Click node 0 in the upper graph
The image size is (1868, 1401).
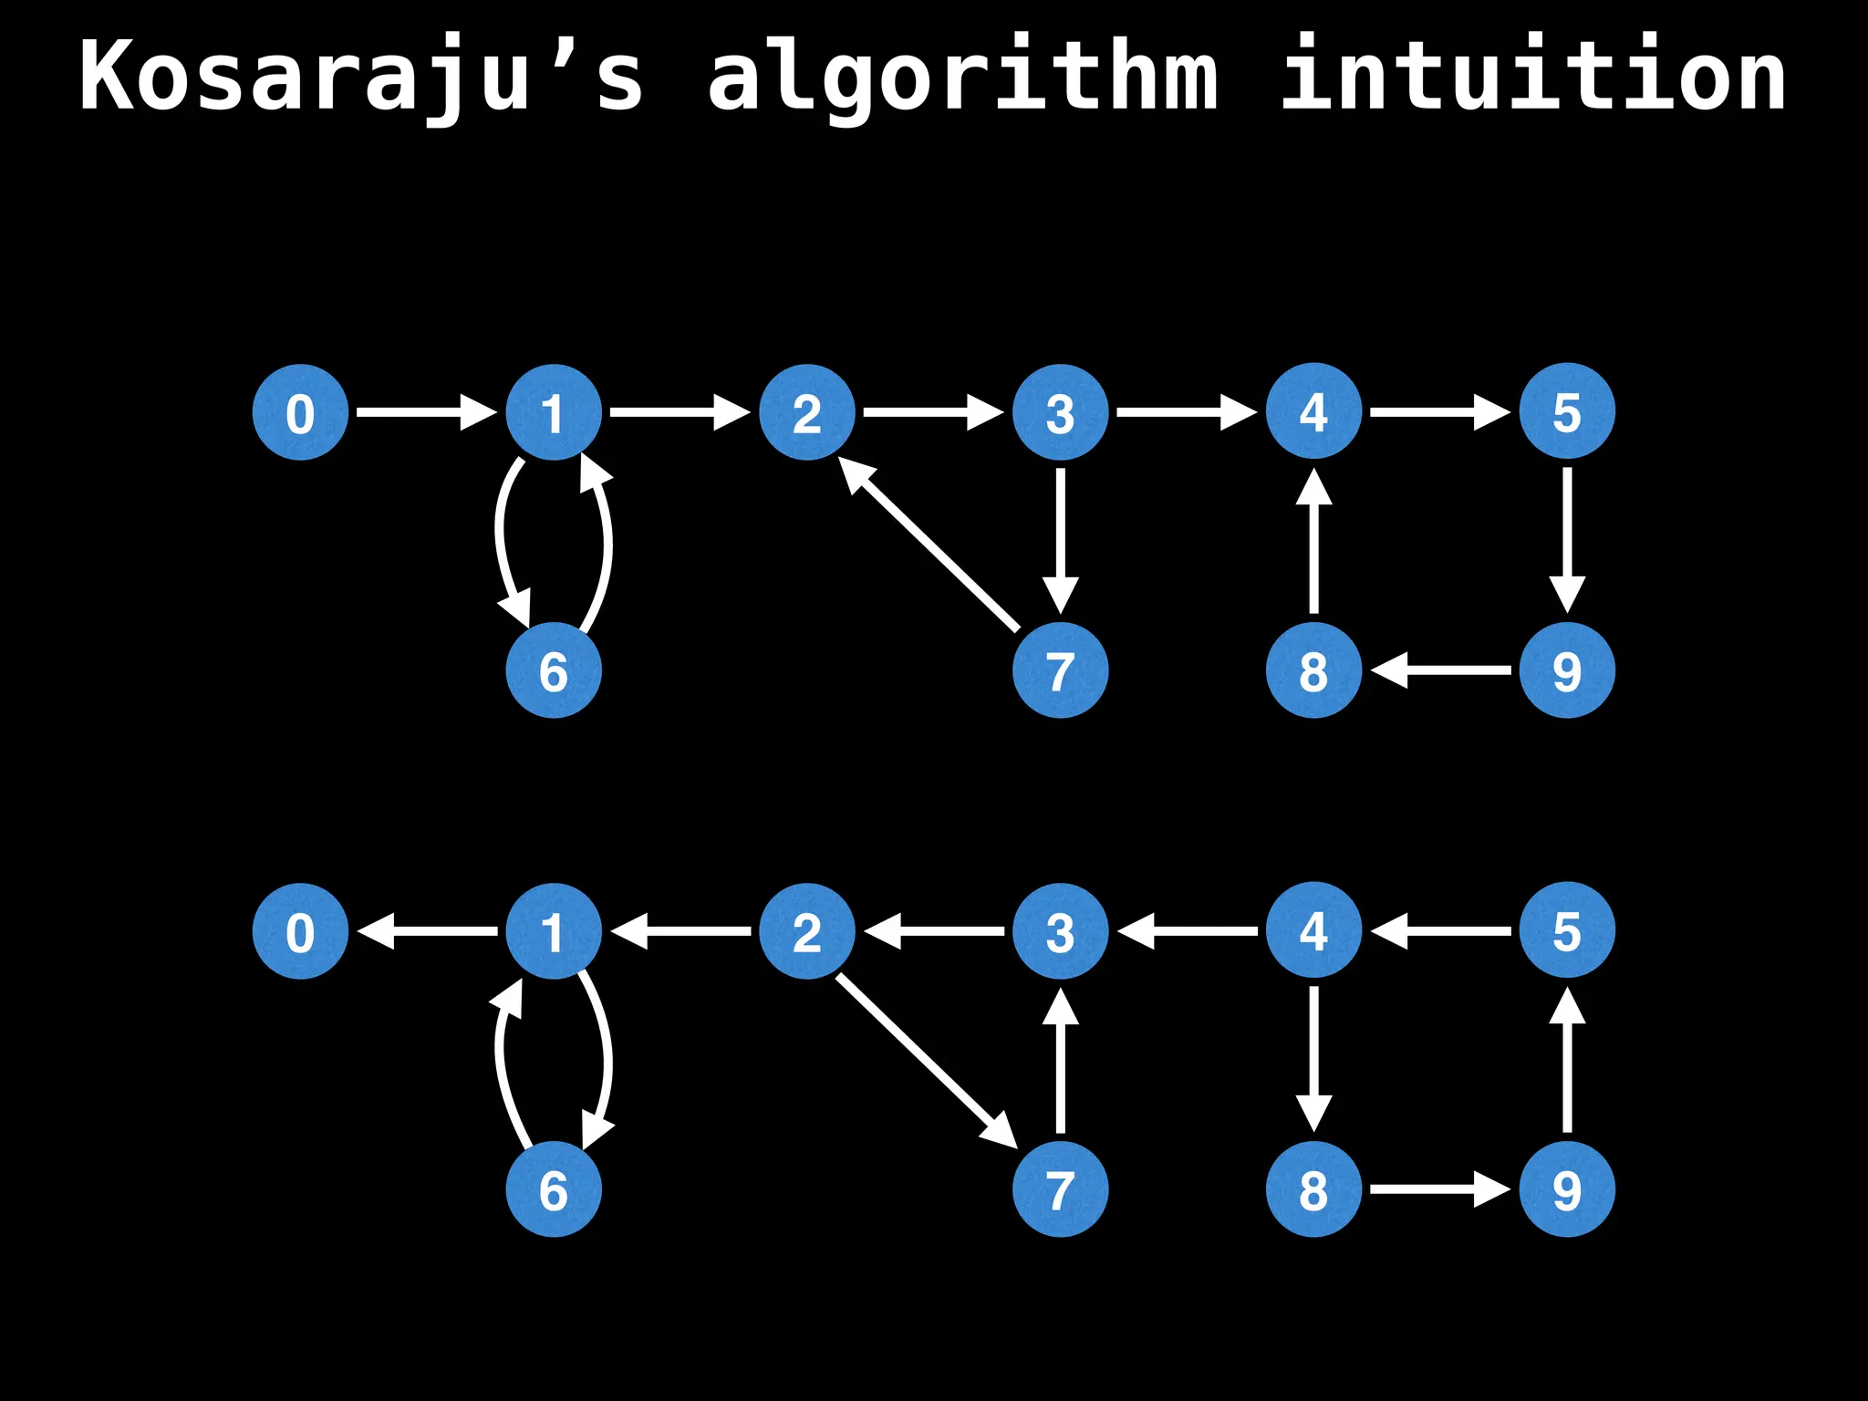[300, 412]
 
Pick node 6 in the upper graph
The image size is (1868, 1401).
[554, 670]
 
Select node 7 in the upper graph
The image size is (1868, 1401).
[1060, 670]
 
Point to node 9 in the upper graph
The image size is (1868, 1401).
[1567, 670]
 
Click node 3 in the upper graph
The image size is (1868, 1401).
[1060, 412]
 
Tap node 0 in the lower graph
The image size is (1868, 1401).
[300, 931]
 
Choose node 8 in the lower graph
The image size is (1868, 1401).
[1313, 1189]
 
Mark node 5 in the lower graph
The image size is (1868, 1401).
[1567, 930]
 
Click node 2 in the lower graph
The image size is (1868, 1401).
[807, 931]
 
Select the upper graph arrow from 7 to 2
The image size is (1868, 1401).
[930, 545]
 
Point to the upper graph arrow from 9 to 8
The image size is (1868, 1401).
[1441, 670]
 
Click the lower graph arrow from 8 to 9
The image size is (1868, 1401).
[1439, 1189]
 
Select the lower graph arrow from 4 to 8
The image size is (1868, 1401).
[1313, 1058]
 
